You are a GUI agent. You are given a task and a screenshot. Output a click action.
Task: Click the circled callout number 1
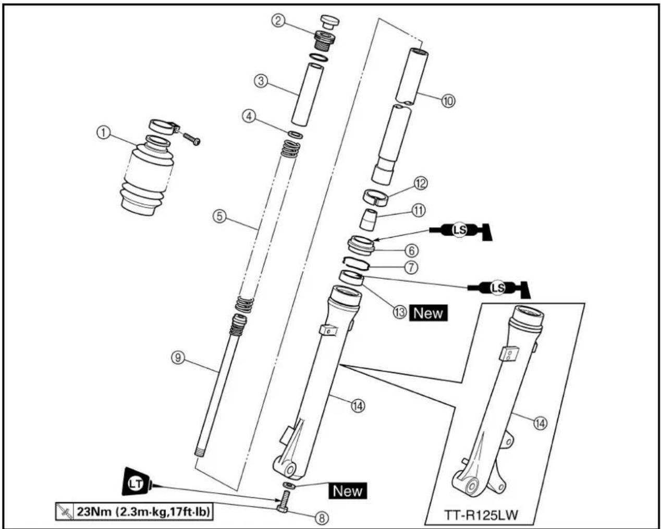(103, 133)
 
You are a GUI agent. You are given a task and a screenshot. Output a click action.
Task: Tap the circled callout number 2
(278, 20)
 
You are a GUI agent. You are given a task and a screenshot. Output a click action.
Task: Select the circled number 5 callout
(219, 216)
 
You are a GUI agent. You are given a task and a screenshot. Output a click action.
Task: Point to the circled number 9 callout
(178, 358)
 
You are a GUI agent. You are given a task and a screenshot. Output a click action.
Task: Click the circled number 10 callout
(448, 101)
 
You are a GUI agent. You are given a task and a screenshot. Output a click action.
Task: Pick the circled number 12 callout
(421, 183)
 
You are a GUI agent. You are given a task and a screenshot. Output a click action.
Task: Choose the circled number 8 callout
(322, 518)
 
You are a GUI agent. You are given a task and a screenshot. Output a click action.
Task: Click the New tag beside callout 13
(428, 313)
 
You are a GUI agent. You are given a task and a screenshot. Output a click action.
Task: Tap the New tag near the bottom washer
(348, 491)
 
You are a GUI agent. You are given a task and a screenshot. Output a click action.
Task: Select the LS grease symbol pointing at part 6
(460, 230)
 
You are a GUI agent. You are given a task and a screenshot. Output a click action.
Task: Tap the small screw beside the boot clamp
(192, 138)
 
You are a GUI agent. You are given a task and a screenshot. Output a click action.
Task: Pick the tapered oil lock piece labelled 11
(368, 219)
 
